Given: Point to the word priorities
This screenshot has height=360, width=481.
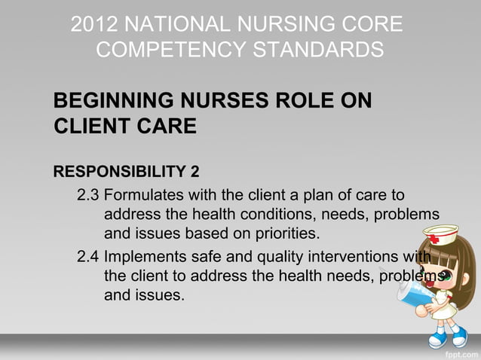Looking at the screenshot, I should point(290,230).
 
